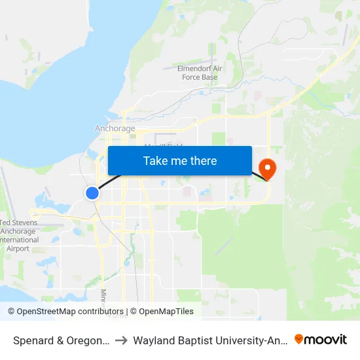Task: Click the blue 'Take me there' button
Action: (180, 161)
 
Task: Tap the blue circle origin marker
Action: (92, 192)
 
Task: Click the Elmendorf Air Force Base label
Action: (199, 73)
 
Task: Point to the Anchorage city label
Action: (115, 129)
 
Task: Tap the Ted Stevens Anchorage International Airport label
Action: (19, 236)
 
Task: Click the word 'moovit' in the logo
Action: (327, 339)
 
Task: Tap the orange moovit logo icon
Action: (299, 339)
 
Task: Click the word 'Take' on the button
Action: (155, 161)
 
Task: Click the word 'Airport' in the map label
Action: (18, 249)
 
